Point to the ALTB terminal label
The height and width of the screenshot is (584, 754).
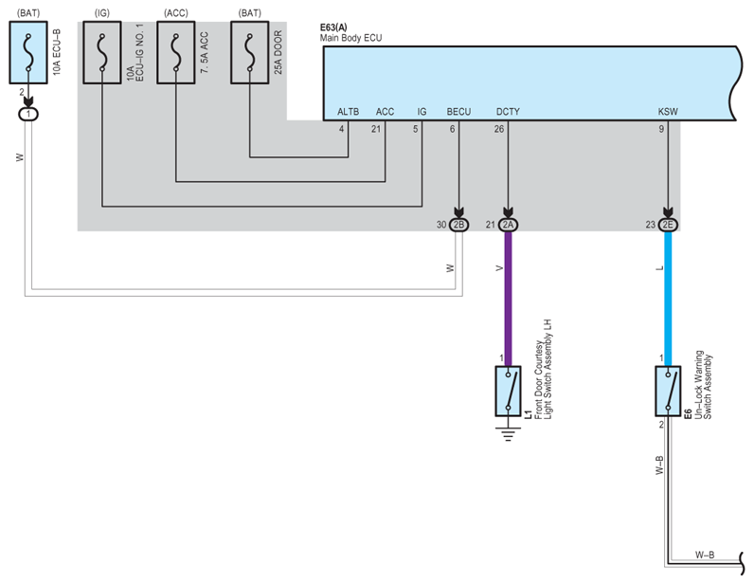click(349, 112)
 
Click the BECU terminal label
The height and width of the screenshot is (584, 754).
click(458, 112)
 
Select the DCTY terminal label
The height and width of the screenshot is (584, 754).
click(508, 112)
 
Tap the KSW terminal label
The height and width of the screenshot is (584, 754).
click(668, 112)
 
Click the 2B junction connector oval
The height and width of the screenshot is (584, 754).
click(459, 225)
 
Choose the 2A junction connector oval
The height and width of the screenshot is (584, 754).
click(508, 225)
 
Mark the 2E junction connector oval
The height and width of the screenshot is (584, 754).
click(668, 225)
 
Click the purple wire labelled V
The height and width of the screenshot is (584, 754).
click(508, 294)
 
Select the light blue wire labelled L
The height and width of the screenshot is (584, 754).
click(668, 294)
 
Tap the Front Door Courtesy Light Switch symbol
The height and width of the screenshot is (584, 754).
click(509, 391)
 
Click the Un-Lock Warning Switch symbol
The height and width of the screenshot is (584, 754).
click(669, 391)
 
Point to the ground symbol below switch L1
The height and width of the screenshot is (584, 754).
click(509, 434)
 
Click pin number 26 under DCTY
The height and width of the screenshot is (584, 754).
click(499, 129)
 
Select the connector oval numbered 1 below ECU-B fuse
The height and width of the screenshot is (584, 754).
click(30, 114)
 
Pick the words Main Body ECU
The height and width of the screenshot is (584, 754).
click(351, 39)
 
